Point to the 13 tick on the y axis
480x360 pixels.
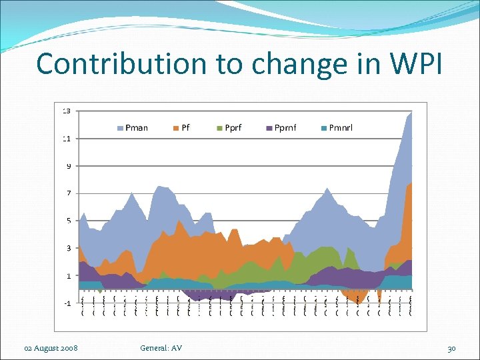pos(67,111)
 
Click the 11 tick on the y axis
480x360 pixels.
pos(67,139)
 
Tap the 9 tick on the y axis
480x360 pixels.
pos(68,166)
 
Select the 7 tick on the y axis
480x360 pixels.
pos(68,193)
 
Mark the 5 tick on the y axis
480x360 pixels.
pos(68,221)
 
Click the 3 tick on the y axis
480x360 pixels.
pos(68,248)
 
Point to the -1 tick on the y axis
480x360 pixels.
pos(67,303)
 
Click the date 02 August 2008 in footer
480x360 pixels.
pos(51,348)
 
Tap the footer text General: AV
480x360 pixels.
pos(161,348)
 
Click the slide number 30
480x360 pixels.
pos(451,348)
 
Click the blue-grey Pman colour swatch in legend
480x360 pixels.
pos(121,127)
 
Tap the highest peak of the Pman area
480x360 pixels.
pos(411,112)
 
